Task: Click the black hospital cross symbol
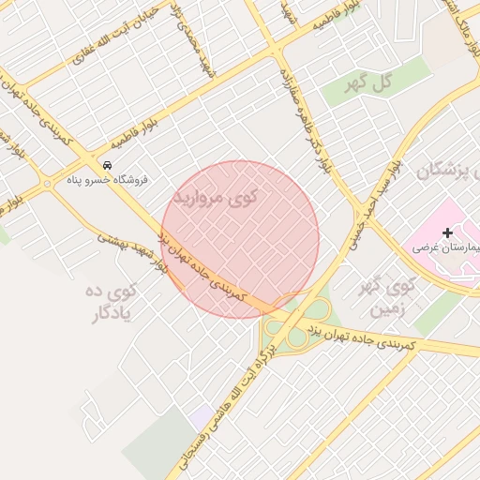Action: (x=447, y=232)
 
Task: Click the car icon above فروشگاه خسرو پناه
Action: (x=106, y=165)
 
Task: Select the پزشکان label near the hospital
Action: (x=442, y=172)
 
